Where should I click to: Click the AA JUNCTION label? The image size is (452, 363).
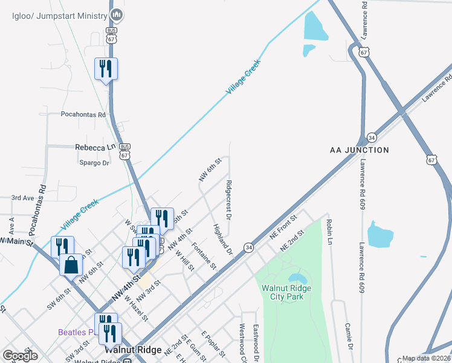pyautogui.click(x=359, y=149)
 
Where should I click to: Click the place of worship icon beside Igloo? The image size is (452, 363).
pyautogui.click(x=118, y=15)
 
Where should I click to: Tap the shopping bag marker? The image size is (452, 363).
pyautogui.click(x=71, y=264)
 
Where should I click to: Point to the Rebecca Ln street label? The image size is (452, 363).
pyautogui.click(x=95, y=147)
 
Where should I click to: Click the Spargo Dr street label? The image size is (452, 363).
pyautogui.click(x=94, y=163)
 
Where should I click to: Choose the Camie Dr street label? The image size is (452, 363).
pyautogui.click(x=349, y=336)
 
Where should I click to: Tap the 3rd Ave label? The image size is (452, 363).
pyautogui.click(x=23, y=198)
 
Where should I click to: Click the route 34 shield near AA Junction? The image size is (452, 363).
pyautogui.click(x=372, y=137)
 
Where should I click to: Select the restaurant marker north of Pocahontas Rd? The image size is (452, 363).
pyautogui.click(x=106, y=69)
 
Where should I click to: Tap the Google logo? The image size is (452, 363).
pyautogui.click(x=20, y=356)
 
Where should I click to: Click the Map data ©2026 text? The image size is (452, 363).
pyautogui.click(x=426, y=358)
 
